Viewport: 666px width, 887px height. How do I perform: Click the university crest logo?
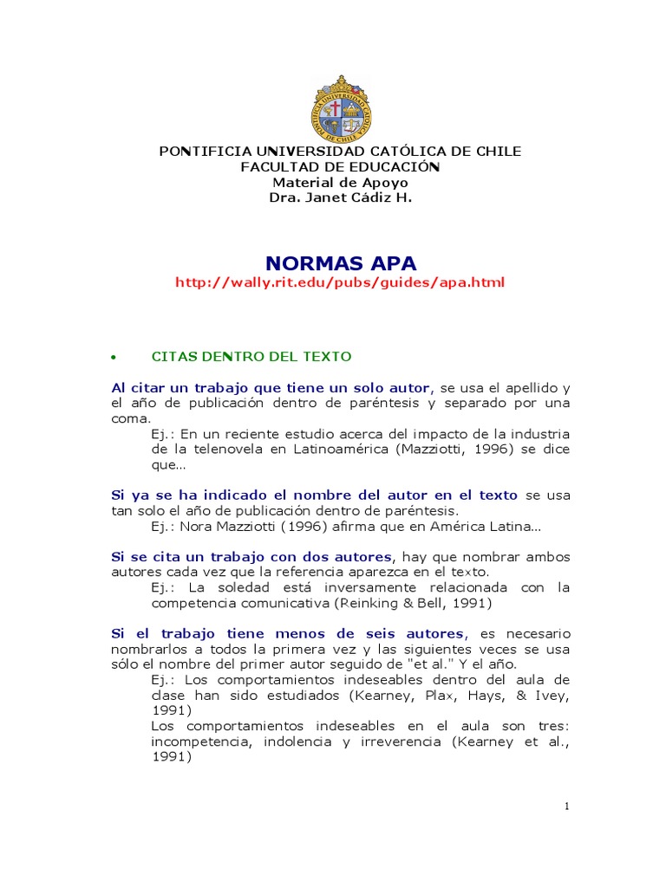pyautogui.click(x=340, y=109)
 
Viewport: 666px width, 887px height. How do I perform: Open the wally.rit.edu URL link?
pyautogui.click(x=339, y=282)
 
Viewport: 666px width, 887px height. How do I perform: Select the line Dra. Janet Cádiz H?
pyautogui.click(x=340, y=197)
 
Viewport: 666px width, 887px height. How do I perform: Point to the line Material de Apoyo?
pyautogui.click(x=340, y=182)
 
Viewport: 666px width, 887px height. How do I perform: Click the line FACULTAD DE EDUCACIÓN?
pyautogui.click(x=340, y=166)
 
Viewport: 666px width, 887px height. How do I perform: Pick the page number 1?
pyautogui.click(x=566, y=806)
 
